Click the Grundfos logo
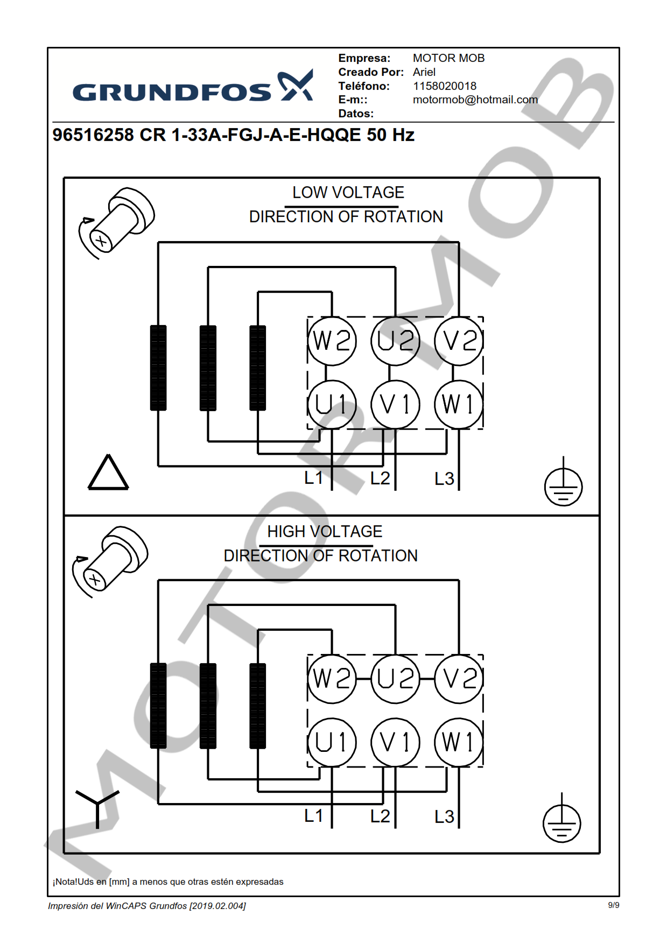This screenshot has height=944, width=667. [x=193, y=87]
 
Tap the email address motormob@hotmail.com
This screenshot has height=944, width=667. [x=475, y=100]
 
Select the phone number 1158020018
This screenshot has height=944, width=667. [x=444, y=86]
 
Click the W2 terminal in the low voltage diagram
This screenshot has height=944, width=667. [x=332, y=341]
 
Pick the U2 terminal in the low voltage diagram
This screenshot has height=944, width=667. [x=395, y=341]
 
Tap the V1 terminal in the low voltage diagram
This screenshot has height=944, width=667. [x=395, y=405]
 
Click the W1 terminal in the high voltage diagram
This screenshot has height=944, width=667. [x=459, y=743]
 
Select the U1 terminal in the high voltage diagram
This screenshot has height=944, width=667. [x=332, y=743]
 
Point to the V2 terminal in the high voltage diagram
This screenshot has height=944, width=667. [x=459, y=679]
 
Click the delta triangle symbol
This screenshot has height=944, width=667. [x=108, y=474]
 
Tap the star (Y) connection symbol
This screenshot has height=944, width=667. [x=97, y=806]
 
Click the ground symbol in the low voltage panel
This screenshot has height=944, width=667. [x=563, y=484]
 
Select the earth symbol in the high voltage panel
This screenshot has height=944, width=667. [x=561, y=821]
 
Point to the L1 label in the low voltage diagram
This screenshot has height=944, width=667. [x=313, y=477]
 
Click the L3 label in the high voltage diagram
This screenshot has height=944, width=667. [x=444, y=816]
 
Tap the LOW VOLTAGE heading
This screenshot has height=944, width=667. [x=348, y=193]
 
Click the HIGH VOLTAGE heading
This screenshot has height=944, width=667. [x=325, y=532]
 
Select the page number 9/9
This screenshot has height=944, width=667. [x=613, y=905]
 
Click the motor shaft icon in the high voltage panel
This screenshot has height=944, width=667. [x=111, y=560]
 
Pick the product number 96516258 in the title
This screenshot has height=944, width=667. [x=93, y=135]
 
